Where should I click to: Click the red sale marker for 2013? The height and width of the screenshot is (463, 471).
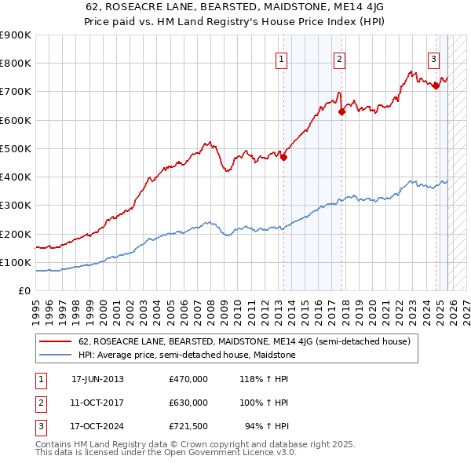[x=283, y=157]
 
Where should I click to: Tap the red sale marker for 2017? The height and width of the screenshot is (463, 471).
[x=341, y=111]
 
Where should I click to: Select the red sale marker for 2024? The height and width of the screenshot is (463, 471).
[x=436, y=86]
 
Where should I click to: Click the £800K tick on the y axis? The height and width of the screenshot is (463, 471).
[x=16, y=64]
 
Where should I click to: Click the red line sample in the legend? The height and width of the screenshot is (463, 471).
[x=56, y=342]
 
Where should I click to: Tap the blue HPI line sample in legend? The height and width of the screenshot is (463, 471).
[x=56, y=355]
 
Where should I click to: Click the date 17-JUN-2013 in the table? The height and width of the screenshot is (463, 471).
[x=97, y=379]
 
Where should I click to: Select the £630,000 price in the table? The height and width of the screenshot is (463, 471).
[x=188, y=403]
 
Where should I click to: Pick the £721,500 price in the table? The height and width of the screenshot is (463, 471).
[x=188, y=426]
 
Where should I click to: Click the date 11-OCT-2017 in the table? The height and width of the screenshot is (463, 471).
[x=97, y=403]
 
